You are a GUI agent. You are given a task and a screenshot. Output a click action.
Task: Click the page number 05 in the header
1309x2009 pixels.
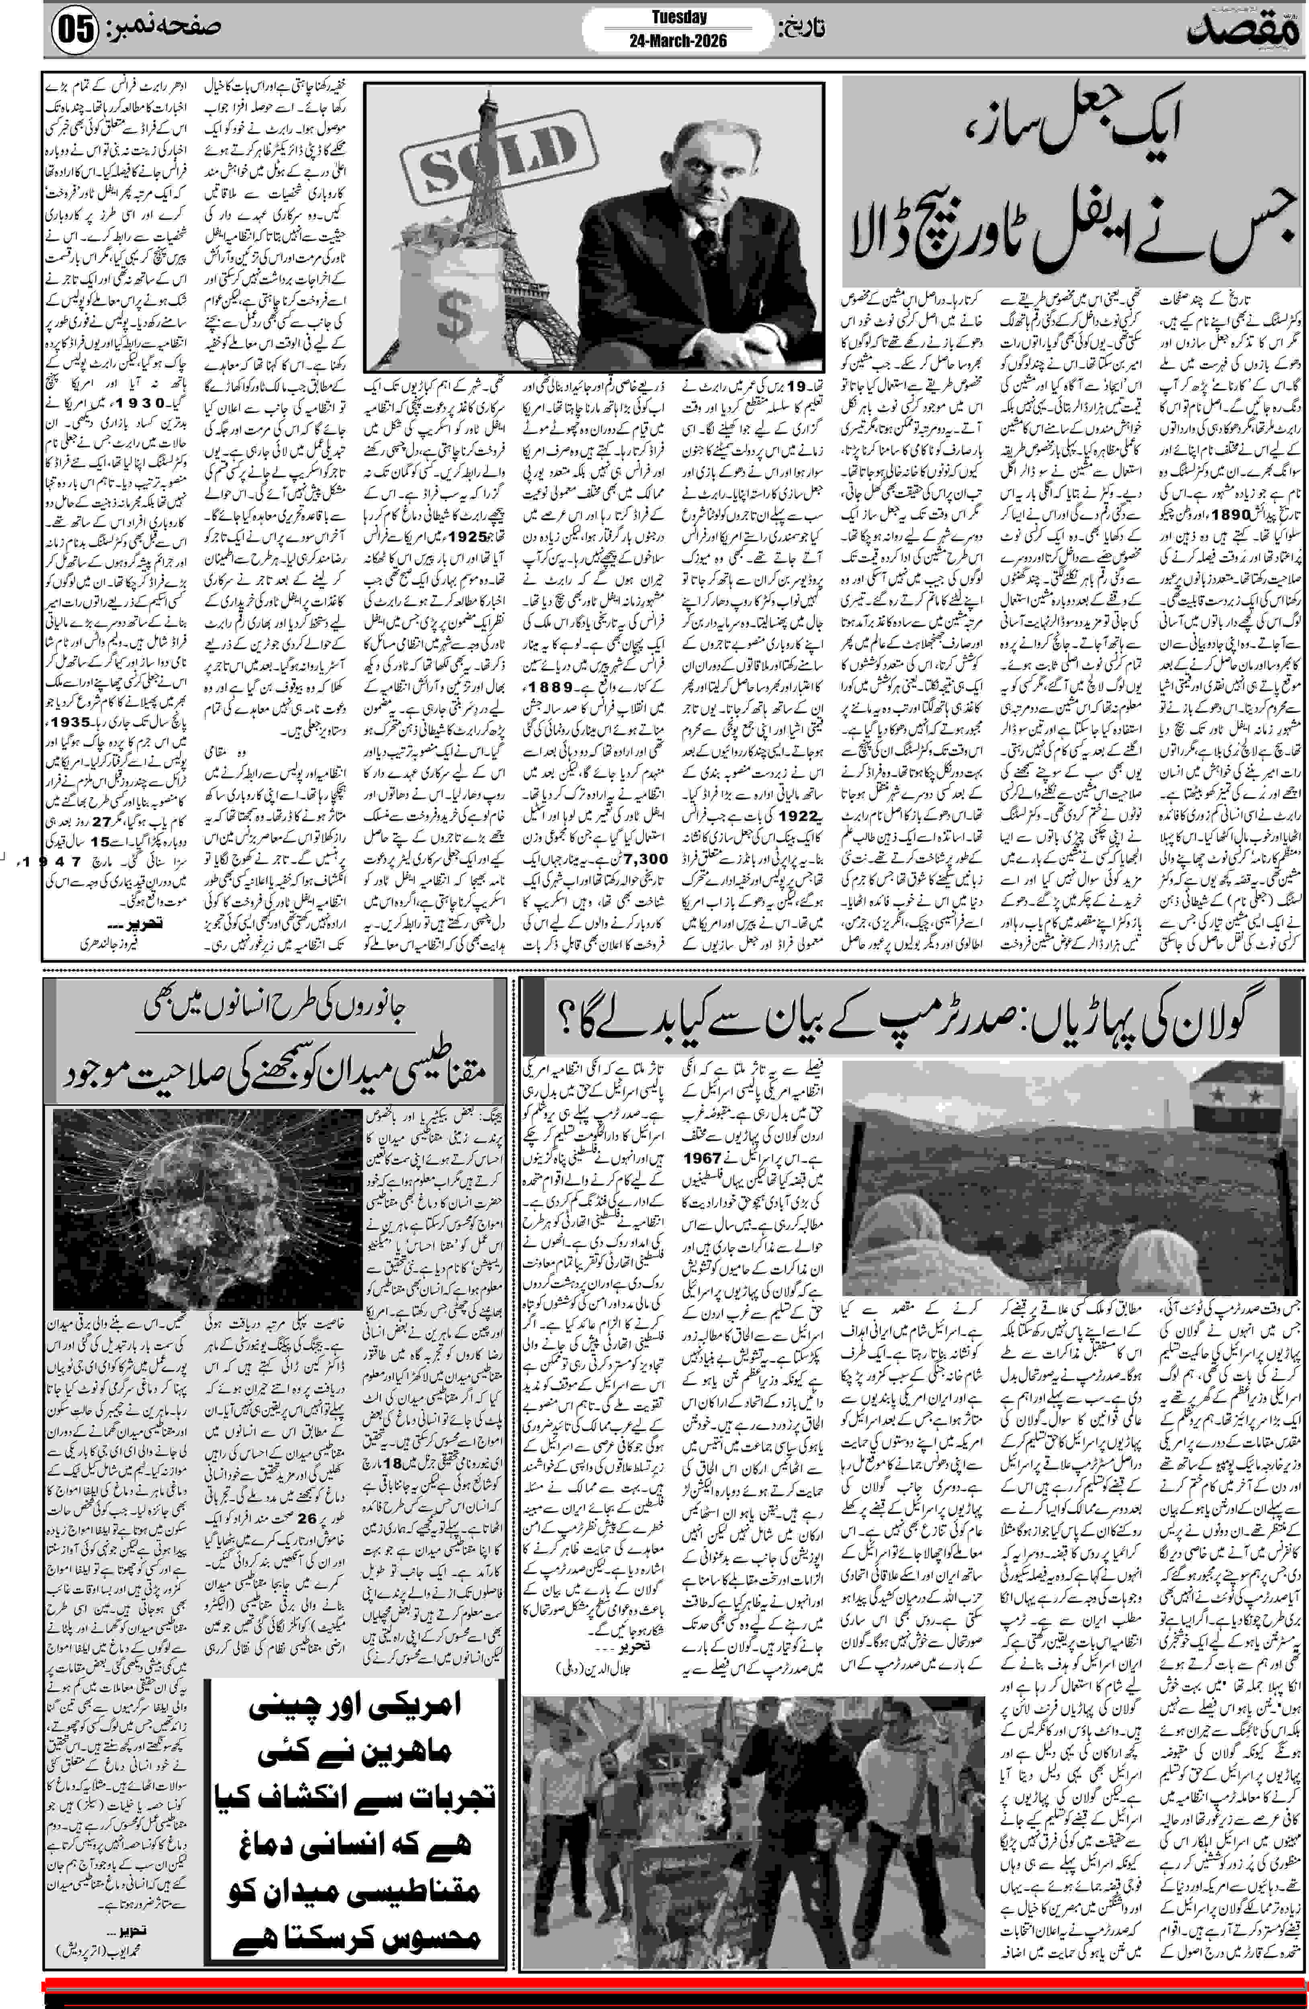[x=74, y=32]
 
